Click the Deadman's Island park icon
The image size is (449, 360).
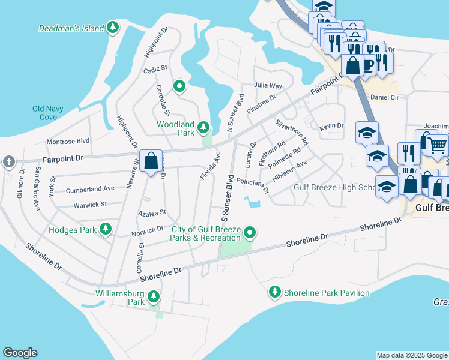click(112, 28)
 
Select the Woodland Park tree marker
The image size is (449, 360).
click(203, 127)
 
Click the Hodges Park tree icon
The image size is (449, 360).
click(106, 229)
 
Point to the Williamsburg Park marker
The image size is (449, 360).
click(154, 296)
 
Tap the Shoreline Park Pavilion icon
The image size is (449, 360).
click(274, 292)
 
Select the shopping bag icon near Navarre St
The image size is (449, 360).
click(150, 161)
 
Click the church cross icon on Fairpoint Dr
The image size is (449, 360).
click(8, 161)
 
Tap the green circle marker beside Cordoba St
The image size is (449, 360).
click(179, 86)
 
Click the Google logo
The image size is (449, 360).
click(20, 353)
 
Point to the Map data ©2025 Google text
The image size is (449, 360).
click(411, 355)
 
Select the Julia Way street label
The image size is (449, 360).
click(268, 86)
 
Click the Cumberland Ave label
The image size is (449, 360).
click(90, 188)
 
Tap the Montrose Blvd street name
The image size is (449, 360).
click(68, 141)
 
